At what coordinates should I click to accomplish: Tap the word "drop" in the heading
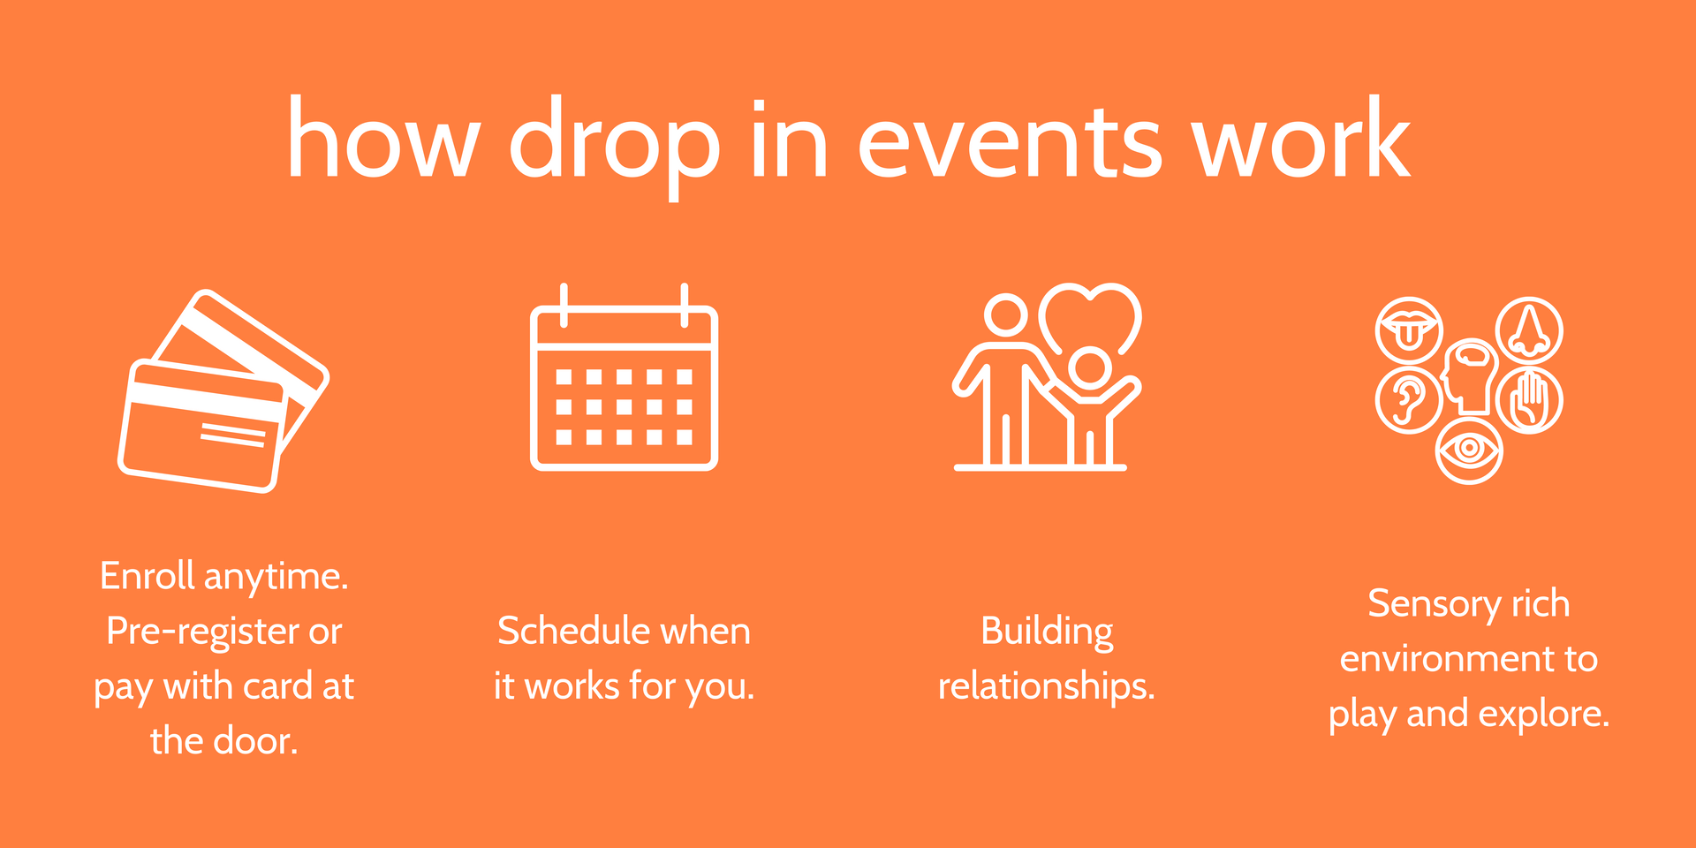(615, 147)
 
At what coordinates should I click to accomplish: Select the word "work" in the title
(1301, 137)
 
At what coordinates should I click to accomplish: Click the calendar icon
(624, 377)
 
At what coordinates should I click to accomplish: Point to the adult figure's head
(1006, 314)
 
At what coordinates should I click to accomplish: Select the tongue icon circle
(1409, 330)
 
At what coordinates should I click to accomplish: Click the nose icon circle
(1529, 330)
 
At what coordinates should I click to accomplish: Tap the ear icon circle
(1409, 400)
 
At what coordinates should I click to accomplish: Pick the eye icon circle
(1469, 450)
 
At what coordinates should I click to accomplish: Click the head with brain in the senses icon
(1469, 376)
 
